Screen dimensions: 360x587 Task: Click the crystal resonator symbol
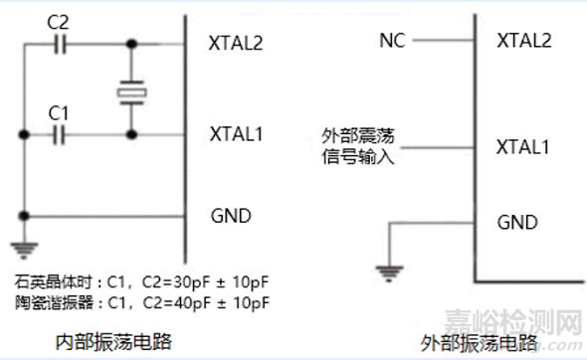131,92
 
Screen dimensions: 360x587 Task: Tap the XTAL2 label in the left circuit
235,44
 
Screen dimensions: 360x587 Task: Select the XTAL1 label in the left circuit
235,133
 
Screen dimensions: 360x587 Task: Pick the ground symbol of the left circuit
22,249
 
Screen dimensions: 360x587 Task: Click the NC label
390,41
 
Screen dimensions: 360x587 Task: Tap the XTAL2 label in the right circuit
523,41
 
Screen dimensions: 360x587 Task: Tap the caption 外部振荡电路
481,343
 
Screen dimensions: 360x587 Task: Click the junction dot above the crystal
131,44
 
